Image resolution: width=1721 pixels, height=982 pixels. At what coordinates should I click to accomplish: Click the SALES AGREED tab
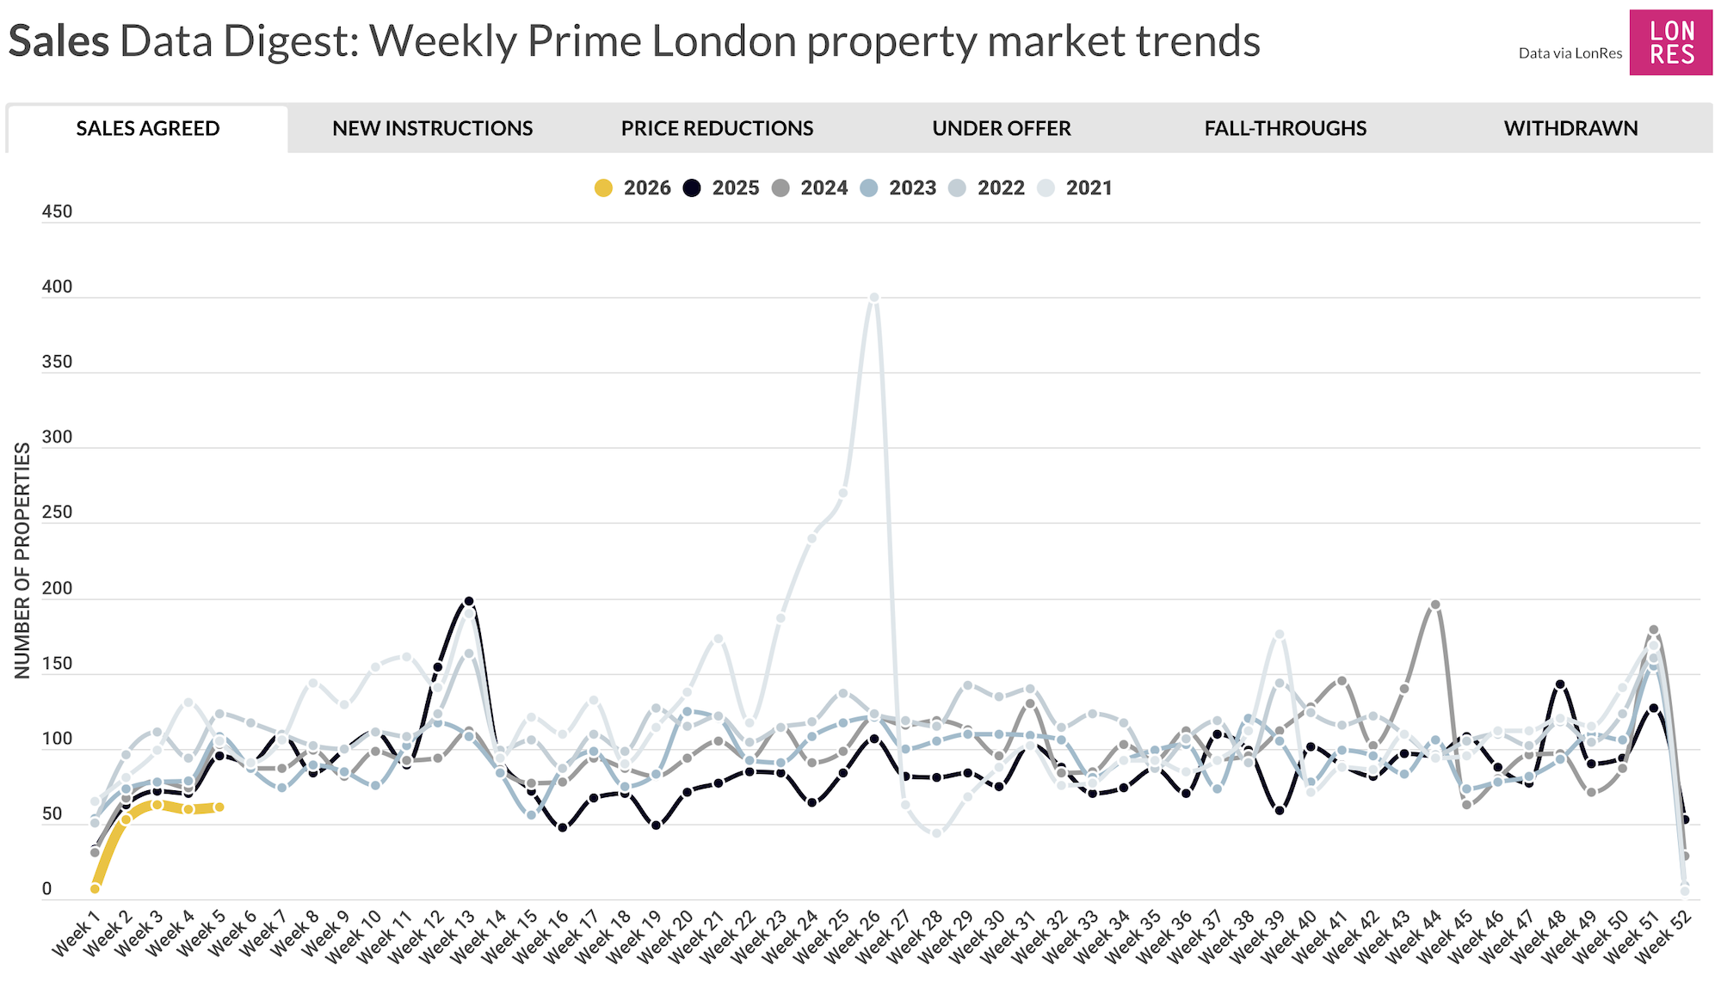[147, 129]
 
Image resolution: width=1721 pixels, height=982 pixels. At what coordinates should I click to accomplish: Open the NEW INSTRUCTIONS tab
[432, 129]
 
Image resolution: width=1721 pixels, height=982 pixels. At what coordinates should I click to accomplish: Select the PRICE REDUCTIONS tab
[717, 129]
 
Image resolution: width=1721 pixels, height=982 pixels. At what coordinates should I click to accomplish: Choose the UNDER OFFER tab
[1001, 129]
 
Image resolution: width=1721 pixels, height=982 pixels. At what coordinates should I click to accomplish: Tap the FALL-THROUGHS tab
[1285, 129]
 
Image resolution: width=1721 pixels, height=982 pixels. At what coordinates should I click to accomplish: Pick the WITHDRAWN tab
[1570, 129]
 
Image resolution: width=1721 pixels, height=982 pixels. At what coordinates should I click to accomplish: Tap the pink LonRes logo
[1670, 43]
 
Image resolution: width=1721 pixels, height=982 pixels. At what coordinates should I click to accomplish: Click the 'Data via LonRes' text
[1570, 53]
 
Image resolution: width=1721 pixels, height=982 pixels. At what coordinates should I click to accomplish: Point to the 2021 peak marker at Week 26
[874, 298]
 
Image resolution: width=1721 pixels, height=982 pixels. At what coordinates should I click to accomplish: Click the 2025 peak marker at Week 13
[469, 602]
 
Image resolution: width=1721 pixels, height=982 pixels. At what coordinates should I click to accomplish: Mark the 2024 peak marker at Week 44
[1435, 605]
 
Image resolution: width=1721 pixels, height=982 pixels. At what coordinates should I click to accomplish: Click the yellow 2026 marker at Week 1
[95, 889]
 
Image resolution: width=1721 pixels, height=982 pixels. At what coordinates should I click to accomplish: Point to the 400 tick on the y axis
[57, 287]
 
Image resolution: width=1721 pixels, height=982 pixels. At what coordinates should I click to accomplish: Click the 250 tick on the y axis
[57, 512]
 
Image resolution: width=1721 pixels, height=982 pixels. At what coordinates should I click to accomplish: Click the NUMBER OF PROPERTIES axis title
[22, 561]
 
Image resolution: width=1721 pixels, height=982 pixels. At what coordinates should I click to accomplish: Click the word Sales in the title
[59, 41]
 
